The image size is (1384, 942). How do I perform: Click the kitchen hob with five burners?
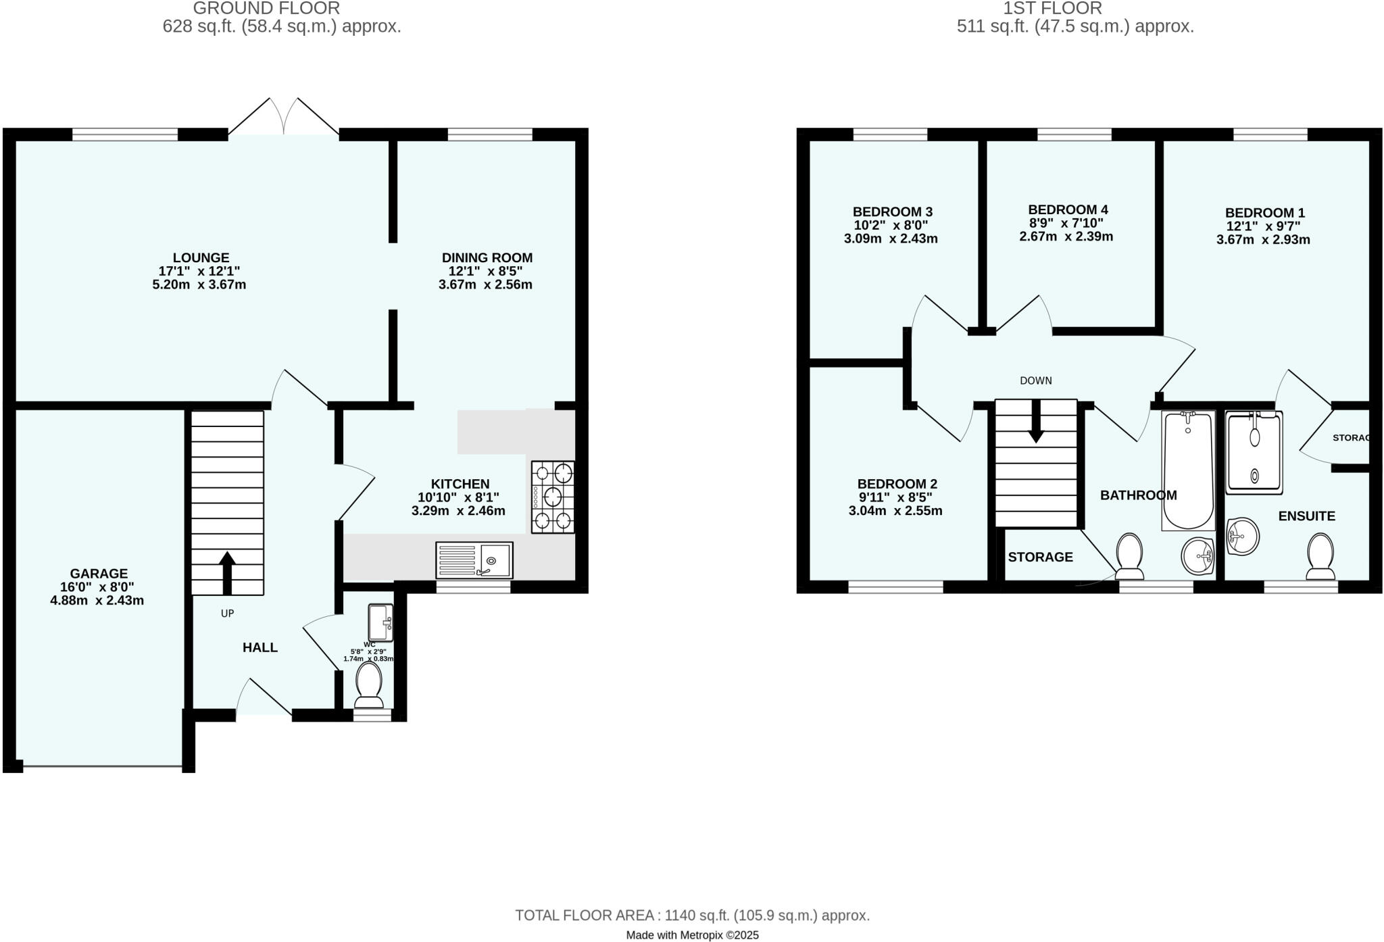pyautogui.click(x=553, y=497)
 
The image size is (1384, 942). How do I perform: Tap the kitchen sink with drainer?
pyautogui.click(x=474, y=560)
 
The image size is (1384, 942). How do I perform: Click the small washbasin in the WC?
pyautogui.click(x=380, y=622)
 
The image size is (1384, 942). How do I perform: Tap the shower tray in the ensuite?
pyautogui.click(x=1254, y=453)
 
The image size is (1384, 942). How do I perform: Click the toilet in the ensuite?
pyautogui.click(x=1320, y=556)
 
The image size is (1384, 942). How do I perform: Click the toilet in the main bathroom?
pyautogui.click(x=1129, y=556)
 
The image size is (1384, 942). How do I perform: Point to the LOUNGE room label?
pyautogui.click(x=201, y=257)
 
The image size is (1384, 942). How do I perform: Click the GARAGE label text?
pyautogui.click(x=99, y=574)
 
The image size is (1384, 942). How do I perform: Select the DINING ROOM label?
pyautogui.click(x=487, y=257)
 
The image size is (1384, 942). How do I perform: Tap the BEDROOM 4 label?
pyautogui.click(x=1068, y=209)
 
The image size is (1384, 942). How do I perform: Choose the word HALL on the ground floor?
pyautogui.click(x=260, y=647)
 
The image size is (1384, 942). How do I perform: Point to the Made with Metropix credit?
pyautogui.click(x=692, y=935)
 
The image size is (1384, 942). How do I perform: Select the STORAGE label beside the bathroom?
pyautogui.click(x=1040, y=557)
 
